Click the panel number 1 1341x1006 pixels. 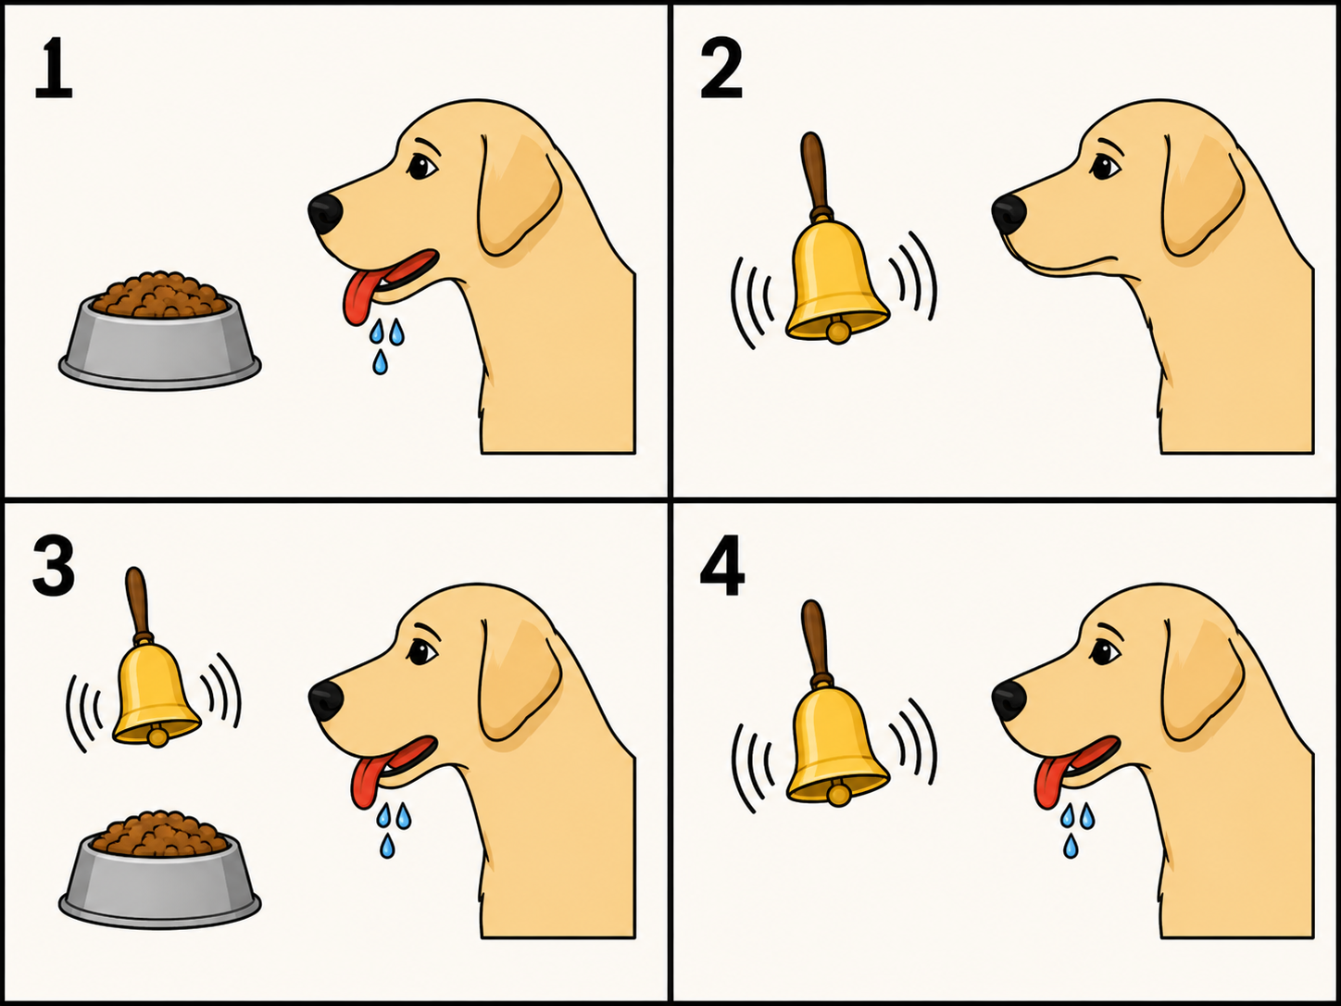[x=54, y=68]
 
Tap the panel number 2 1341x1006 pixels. [x=721, y=68]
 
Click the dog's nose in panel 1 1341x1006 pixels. [x=325, y=214]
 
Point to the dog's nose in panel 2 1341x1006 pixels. [x=1009, y=214]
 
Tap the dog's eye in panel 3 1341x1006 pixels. [x=421, y=652]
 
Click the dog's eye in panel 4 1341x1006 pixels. [x=1105, y=653]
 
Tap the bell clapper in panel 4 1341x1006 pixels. [x=837, y=794]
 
